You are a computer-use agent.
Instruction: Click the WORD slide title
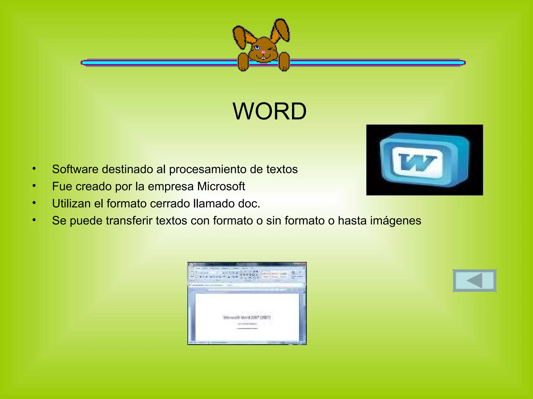pyautogui.click(x=269, y=111)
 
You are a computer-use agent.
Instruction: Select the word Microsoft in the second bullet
pyautogui.click(x=221, y=187)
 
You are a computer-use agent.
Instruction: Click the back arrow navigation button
pyautogui.click(x=474, y=281)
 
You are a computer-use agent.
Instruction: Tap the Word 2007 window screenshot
pyautogui.click(x=247, y=303)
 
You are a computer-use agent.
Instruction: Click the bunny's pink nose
pyautogui.click(x=263, y=52)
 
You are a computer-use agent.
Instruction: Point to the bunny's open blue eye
pyautogui.click(x=257, y=48)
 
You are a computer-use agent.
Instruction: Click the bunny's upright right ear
pyautogui.click(x=281, y=31)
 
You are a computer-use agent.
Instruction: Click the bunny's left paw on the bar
pyautogui.click(x=243, y=62)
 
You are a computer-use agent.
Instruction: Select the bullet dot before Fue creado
pyautogui.click(x=34, y=186)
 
